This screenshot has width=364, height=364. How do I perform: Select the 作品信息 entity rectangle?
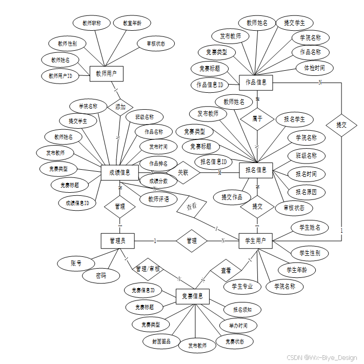[x=256, y=82]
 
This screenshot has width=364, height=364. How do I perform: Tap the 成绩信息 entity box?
[x=119, y=173]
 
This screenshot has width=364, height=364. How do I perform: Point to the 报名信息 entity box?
[x=256, y=170]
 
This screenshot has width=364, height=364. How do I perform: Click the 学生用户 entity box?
[x=256, y=240]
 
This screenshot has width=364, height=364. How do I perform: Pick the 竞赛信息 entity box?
[x=193, y=296]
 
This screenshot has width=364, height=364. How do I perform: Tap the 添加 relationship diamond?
[x=120, y=107]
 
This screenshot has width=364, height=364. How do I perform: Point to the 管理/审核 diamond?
[x=148, y=269]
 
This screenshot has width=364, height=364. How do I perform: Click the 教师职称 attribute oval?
[x=91, y=23]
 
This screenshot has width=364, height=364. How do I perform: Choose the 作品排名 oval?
[x=158, y=164]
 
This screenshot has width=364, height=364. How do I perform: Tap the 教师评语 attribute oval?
[x=158, y=199]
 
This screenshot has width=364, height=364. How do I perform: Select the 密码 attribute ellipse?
[x=101, y=275]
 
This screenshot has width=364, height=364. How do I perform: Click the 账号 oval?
[x=76, y=263]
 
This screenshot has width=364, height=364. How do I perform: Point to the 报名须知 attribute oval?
[x=242, y=310]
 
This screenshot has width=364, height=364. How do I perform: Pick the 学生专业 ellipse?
[x=242, y=286]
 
